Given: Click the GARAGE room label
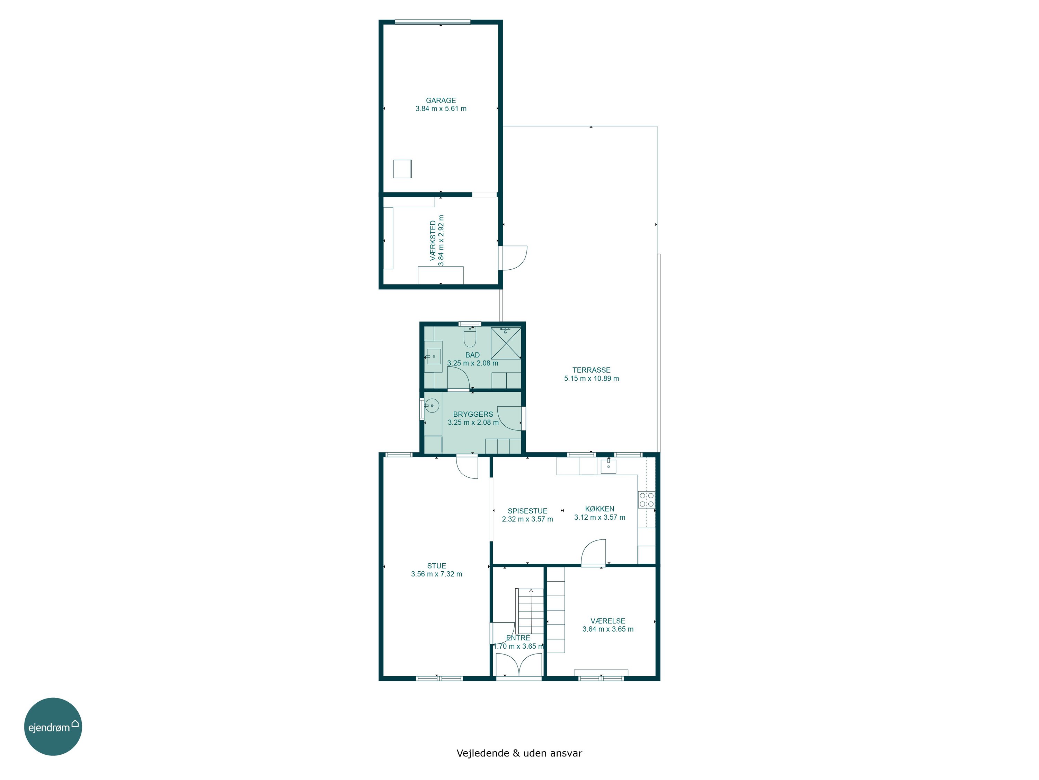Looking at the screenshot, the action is [x=441, y=100].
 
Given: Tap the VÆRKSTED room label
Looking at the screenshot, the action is [x=433, y=241].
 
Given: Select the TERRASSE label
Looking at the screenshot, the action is [x=592, y=370].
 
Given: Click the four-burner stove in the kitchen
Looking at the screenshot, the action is [x=646, y=499].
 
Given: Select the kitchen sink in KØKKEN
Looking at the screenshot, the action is [x=608, y=466].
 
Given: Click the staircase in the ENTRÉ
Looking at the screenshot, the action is [x=530, y=611].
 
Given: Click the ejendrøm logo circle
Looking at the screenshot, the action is [x=53, y=726].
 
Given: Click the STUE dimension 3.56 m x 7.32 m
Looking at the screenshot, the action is [x=436, y=574].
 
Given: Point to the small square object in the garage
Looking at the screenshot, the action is [x=402, y=169].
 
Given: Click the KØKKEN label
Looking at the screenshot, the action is [x=600, y=509].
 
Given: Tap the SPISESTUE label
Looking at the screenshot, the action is [x=527, y=511].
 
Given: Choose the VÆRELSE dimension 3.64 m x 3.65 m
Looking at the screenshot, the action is [x=608, y=629].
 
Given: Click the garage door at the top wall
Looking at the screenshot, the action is [x=433, y=21].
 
